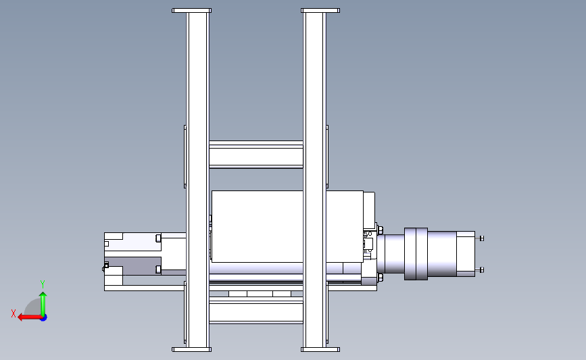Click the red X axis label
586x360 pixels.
tap(14, 313)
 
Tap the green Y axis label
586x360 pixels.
tap(43, 284)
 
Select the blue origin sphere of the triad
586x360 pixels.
tap(43, 317)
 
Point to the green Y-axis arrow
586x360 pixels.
tap(43, 303)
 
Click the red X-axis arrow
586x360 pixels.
tap(30, 317)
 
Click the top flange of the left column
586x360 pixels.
tap(191, 10)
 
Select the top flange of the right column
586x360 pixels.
tap(320, 10)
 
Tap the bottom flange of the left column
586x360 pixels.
tap(191, 350)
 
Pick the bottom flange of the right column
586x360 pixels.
tap(320, 350)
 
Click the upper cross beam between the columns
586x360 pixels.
tap(256, 155)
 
